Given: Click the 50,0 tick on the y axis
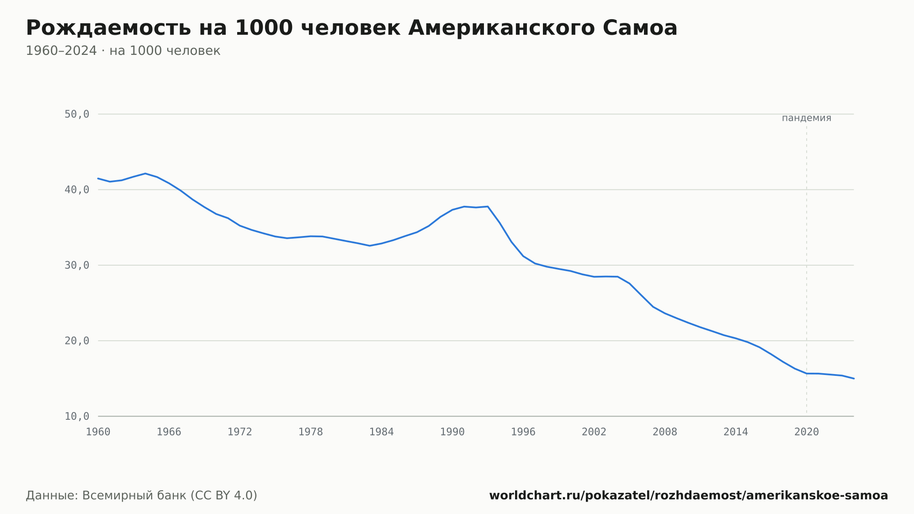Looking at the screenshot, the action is [x=77, y=114].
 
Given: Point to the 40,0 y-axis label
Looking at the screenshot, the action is [x=77, y=190].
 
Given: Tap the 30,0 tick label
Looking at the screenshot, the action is [x=77, y=265].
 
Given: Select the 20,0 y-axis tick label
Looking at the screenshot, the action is [x=77, y=341].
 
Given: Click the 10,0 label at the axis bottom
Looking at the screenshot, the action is [x=77, y=416].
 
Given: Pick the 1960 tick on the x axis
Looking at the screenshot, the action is [x=98, y=432].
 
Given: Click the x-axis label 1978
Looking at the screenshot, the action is [x=311, y=432].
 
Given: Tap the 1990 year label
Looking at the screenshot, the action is [x=452, y=432].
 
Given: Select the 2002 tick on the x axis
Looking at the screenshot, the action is [x=594, y=432].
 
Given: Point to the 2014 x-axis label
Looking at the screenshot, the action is [x=736, y=432].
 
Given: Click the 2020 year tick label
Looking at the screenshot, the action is [x=807, y=432].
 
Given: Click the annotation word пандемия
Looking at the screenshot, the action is [x=807, y=118].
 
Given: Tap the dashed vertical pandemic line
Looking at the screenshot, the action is [x=807, y=270].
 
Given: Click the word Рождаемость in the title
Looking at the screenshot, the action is [x=108, y=28].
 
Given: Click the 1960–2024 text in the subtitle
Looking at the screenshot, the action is [x=61, y=51].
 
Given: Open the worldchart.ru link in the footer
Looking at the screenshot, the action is [x=689, y=495].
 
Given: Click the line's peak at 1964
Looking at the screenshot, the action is [x=145, y=173].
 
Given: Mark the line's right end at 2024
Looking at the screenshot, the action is [x=854, y=379].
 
